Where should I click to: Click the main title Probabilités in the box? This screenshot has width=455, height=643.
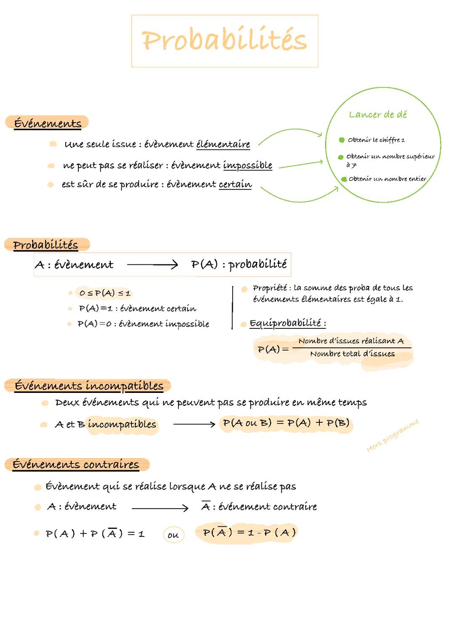225,41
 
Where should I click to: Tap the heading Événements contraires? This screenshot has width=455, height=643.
76,464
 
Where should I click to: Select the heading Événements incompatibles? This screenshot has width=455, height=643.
88,386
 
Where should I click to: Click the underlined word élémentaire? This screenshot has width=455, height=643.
223,144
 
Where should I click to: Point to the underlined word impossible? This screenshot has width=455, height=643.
247,165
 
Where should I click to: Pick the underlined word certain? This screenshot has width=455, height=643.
235,184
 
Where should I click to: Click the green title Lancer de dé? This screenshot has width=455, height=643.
378,115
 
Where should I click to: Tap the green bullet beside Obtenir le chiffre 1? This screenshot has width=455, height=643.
342,140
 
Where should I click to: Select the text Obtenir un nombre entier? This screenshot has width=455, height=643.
387,179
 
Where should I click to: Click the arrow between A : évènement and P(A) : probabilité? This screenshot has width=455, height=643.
153,264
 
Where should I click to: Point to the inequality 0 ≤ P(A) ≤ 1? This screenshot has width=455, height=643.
105,293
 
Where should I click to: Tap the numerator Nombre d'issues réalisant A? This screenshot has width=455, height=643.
351,341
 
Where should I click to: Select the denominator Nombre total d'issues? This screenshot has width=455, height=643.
352,354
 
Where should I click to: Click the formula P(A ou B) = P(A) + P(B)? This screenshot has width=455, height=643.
286,423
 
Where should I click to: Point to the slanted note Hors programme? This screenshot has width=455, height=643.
393,435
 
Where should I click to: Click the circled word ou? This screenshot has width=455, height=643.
173,535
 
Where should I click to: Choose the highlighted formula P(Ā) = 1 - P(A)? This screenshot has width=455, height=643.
249,533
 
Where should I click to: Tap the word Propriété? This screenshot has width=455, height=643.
269,288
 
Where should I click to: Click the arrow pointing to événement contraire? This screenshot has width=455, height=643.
160,508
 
